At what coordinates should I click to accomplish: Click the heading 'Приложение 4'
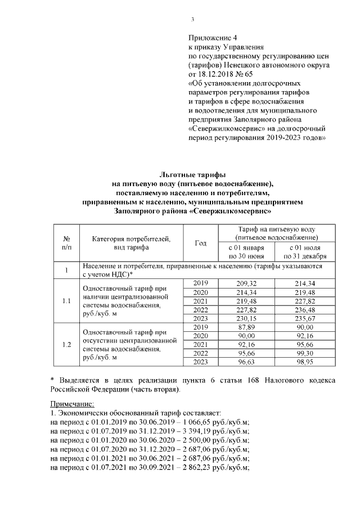[x=210, y=38]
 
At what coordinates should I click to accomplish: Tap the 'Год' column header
[x=200, y=242]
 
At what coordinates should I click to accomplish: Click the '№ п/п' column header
[x=67, y=242]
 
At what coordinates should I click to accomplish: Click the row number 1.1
[x=67, y=301]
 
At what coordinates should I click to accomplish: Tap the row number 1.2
[x=67, y=345]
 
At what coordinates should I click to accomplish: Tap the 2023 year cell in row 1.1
[x=200, y=318]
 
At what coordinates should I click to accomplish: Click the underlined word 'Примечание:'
[x=72, y=404]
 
